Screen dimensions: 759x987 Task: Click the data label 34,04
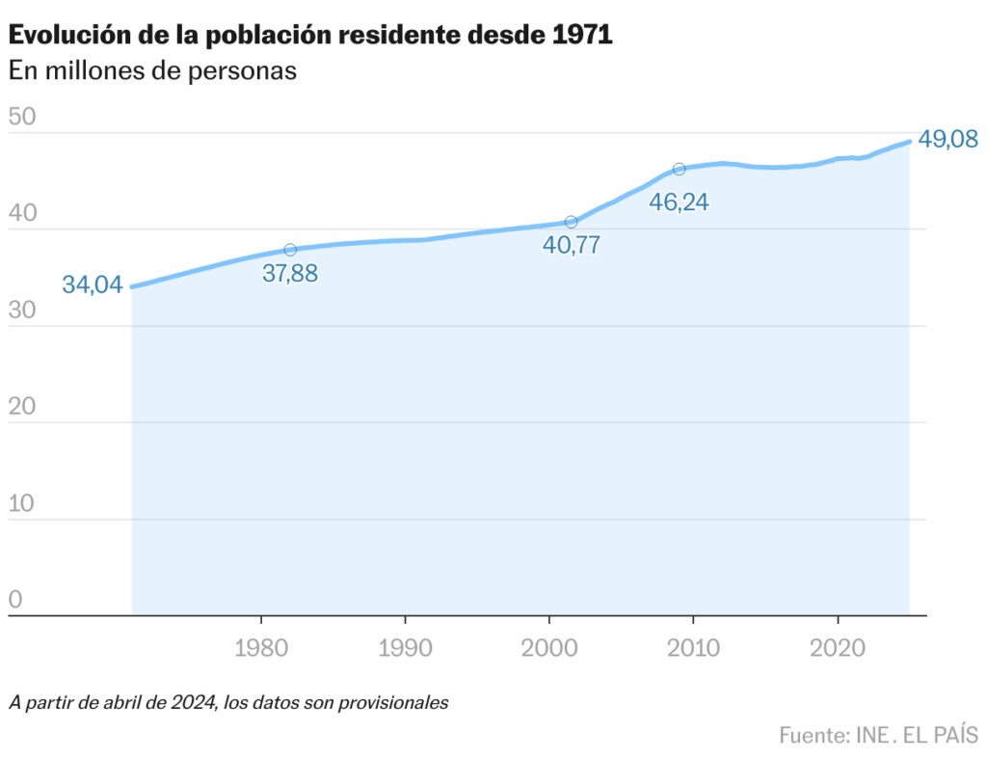click(93, 285)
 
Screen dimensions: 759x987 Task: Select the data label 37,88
click(290, 274)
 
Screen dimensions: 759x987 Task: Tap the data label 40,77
click(572, 245)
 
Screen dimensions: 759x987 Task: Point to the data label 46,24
click(680, 203)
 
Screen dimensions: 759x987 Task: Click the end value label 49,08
click(948, 140)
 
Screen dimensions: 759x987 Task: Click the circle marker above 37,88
click(290, 250)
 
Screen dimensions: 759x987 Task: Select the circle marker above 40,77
click(571, 222)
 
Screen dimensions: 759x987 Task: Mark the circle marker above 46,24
click(680, 169)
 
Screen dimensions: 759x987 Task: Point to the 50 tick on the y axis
click(21, 118)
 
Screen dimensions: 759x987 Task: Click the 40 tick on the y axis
click(21, 214)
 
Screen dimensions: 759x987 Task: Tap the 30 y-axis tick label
click(21, 311)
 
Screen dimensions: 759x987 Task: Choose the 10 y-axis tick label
click(21, 503)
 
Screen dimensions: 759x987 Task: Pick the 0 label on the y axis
click(14, 600)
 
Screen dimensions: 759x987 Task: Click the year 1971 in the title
click(582, 36)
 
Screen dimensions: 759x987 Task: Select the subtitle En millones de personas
click(151, 71)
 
